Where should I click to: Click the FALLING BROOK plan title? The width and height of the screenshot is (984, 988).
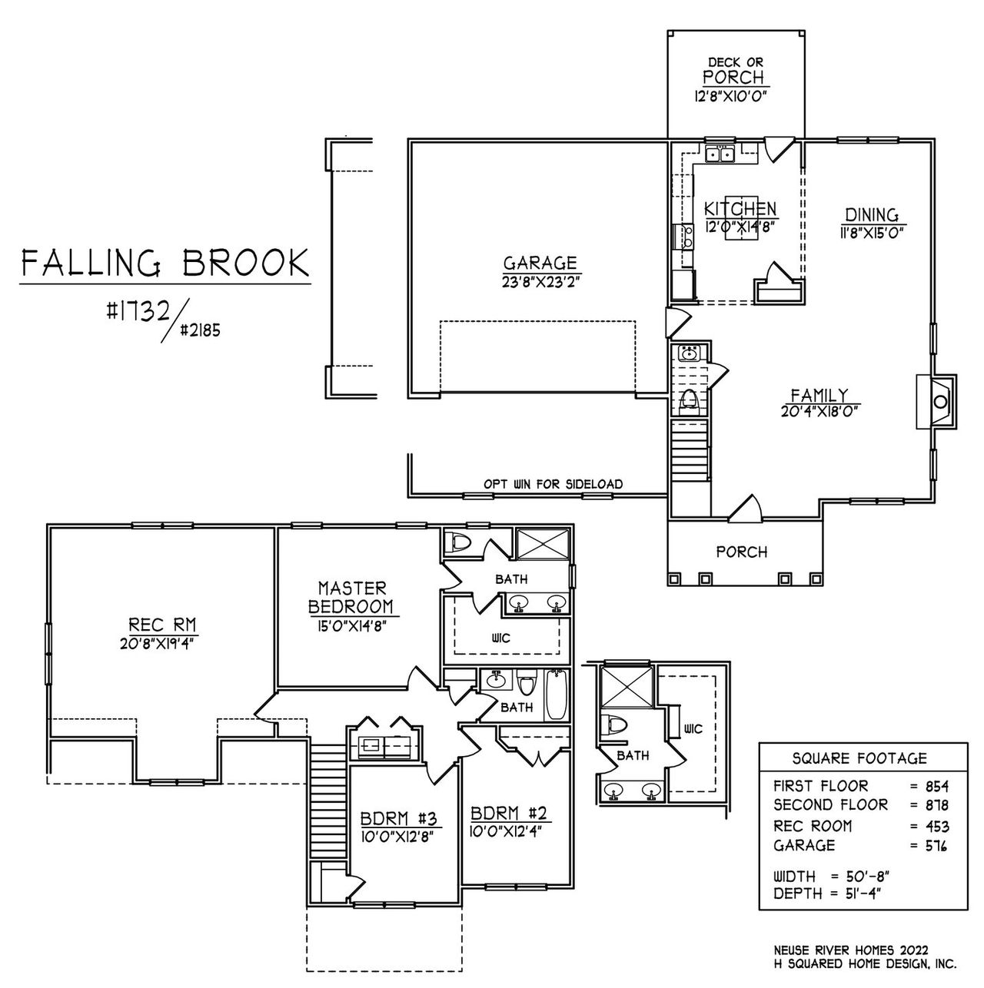tap(165, 263)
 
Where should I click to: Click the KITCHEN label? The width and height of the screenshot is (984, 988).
tap(740, 209)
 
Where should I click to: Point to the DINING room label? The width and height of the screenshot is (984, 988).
tap(872, 215)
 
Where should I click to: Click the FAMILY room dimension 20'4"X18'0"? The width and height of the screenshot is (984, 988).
tap(819, 411)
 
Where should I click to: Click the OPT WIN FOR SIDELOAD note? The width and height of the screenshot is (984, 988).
tap(553, 484)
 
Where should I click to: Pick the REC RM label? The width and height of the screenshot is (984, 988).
tap(155, 625)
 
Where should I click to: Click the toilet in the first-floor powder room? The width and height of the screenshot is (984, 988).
tap(689, 399)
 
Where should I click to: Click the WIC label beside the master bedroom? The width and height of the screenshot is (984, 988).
tap(500, 638)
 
